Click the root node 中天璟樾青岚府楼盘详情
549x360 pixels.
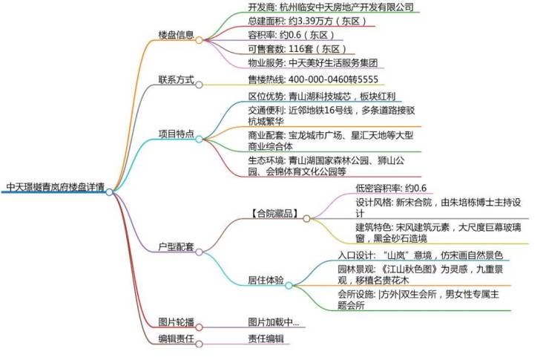click(x=54, y=188)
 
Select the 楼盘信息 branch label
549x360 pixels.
click(x=177, y=35)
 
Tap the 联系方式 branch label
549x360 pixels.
click(x=177, y=79)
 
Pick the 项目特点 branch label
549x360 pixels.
click(x=177, y=134)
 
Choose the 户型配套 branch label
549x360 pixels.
click(x=177, y=246)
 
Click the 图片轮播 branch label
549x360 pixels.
click(x=177, y=322)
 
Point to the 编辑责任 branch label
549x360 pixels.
click(x=177, y=338)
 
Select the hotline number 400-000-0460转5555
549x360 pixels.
click(x=312, y=79)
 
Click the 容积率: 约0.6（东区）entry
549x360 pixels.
click(x=286, y=35)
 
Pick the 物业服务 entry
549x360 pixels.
click(x=312, y=63)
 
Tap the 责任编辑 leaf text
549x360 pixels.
click(x=266, y=338)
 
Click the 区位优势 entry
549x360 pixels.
click(x=323, y=96)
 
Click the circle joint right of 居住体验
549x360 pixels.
click(x=289, y=284)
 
